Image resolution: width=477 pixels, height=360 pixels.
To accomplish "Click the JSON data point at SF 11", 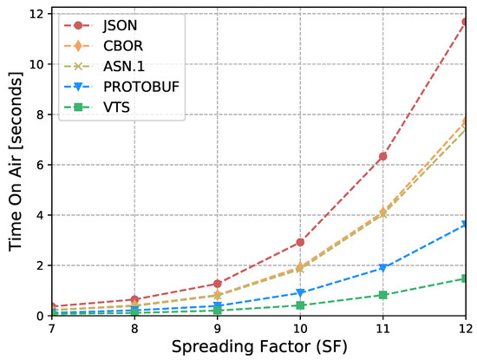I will (382, 156).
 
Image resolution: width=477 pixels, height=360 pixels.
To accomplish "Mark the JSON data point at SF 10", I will (299, 242).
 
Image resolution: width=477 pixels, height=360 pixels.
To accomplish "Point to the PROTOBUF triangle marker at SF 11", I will (382, 268).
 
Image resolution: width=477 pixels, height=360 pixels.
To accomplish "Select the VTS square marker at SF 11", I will (382, 295).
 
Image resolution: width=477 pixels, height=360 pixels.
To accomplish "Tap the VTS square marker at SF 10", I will (299, 305).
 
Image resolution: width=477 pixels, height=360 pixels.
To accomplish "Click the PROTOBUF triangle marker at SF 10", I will (299, 293).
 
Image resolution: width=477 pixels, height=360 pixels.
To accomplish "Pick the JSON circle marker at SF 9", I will (216, 284).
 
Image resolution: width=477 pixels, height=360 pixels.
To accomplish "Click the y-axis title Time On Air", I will (17, 165).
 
